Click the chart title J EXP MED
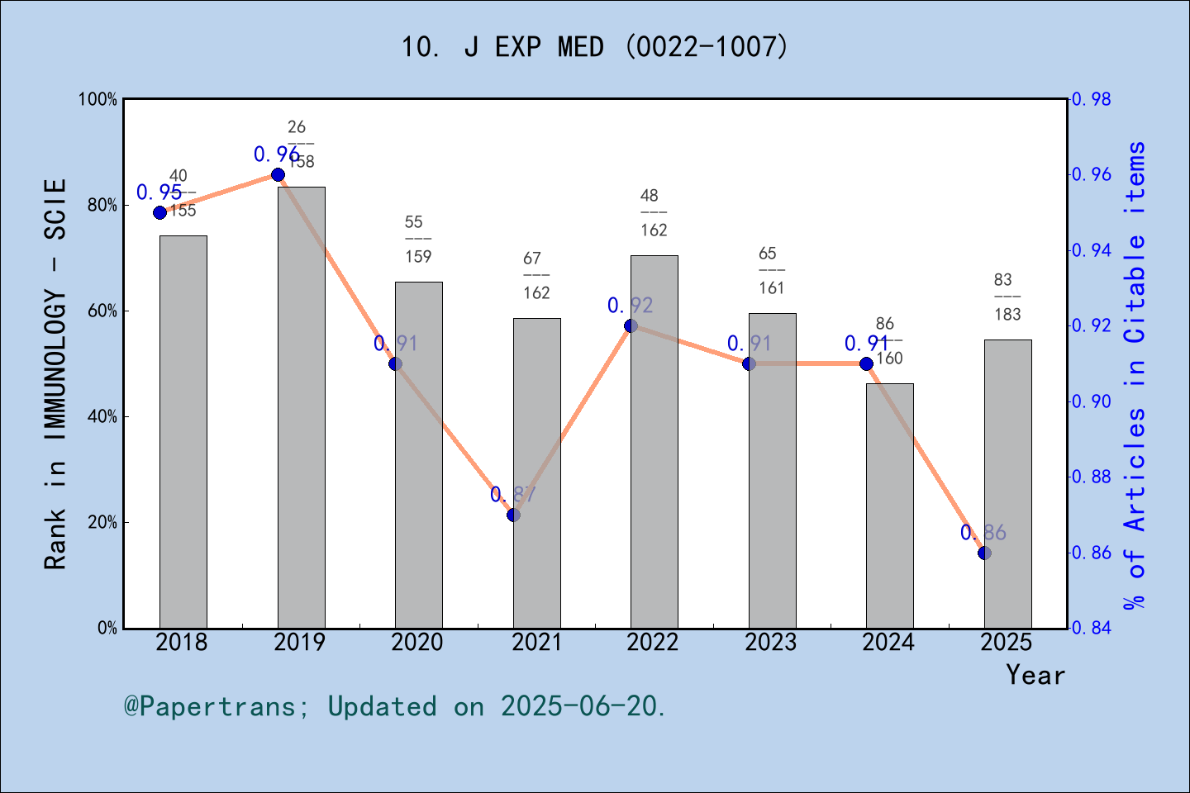pyautogui.click(x=594, y=47)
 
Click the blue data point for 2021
pyautogui.click(x=513, y=515)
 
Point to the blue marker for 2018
pyautogui.click(x=159, y=212)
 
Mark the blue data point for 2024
pyautogui.click(x=866, y=363)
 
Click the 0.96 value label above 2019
pyautogui.click(x=276, y=154)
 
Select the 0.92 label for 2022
pyautogui.click(x=630, y=306)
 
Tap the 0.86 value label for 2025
pyautogui.click(x=983, y=533)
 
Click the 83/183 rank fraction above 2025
pyautogui.click(x=1007, y=297)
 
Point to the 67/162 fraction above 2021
pyautogui.click(x=535, y=276)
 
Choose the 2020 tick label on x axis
pyautogui.click(x=417, y=643)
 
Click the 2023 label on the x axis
pyautogui.click(x=770, y=643)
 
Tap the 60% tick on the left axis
pyautogui.click(x=102, y=311)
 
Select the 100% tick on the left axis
pyautogui.click(x=98, y=100)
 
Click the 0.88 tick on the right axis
pyautogui.click(x=1091, y=477)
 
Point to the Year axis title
pyautogui.click(x=1035, y=675)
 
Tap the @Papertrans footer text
pyautogui.click(x=395, y=706)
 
